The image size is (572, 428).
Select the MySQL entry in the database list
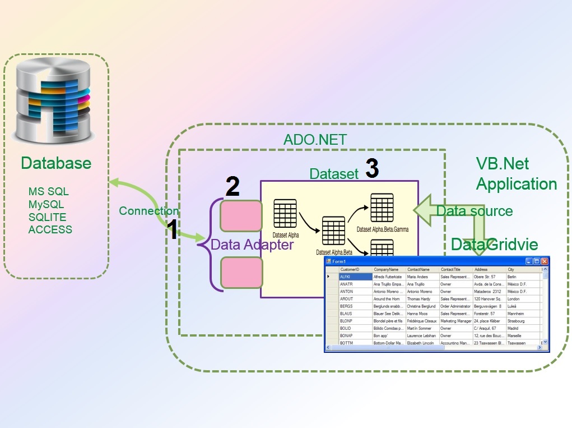(46, 204)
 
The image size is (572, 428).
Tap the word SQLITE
(47, 217)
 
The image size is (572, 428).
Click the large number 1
(174, 231)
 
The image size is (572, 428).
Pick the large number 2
(232, 187)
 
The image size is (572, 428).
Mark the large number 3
(371, 169)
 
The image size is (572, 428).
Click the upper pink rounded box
(241, 216)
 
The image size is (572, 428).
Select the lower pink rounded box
(241, 273)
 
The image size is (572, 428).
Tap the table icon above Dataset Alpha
(285, 214)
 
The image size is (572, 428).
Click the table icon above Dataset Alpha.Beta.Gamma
(382, 208)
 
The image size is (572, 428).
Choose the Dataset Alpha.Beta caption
(334, 252)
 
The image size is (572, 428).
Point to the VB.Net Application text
(516, 174)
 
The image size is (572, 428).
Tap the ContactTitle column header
(450, 270)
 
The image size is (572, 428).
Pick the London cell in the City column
(513, 299)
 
